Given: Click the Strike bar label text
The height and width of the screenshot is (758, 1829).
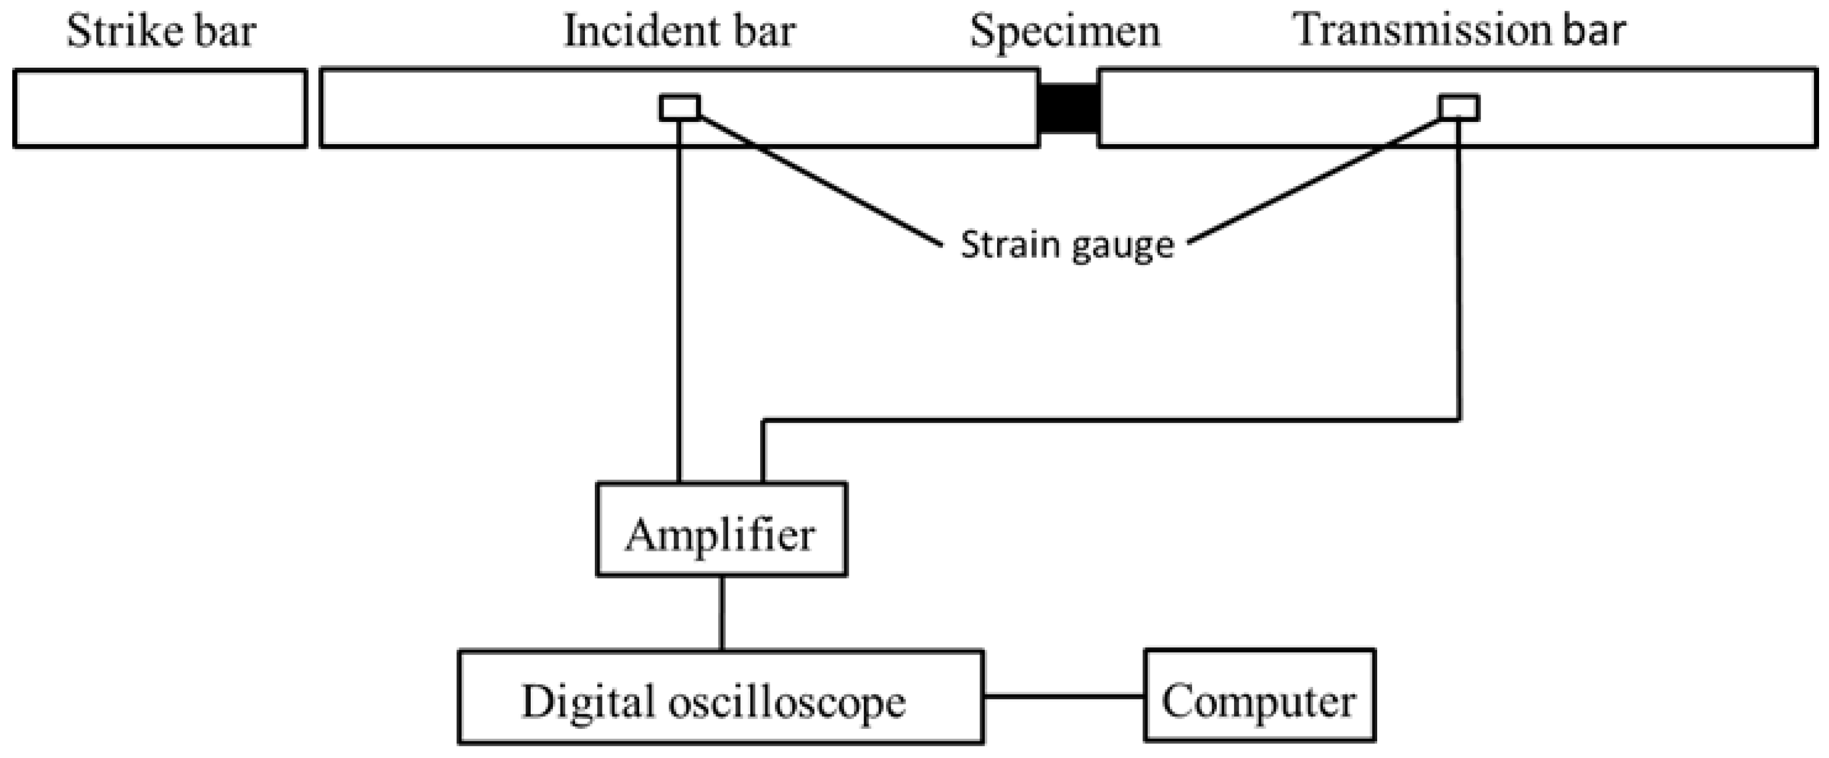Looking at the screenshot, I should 161,33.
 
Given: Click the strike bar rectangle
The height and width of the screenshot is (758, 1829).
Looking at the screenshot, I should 160,108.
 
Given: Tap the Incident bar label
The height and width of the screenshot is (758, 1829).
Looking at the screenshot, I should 679,33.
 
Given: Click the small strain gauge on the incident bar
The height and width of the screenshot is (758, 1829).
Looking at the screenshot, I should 680,108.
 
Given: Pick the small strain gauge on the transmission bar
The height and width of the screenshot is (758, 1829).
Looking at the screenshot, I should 1459,108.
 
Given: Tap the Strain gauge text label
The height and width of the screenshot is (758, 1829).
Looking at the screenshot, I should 1067,246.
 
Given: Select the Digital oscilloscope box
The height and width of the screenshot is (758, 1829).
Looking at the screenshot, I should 720,696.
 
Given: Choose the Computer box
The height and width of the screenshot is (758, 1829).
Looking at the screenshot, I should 1259,696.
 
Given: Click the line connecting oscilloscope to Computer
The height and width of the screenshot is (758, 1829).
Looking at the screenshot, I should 1064,696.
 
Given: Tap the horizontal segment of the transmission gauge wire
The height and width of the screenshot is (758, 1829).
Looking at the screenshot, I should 1107,420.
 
